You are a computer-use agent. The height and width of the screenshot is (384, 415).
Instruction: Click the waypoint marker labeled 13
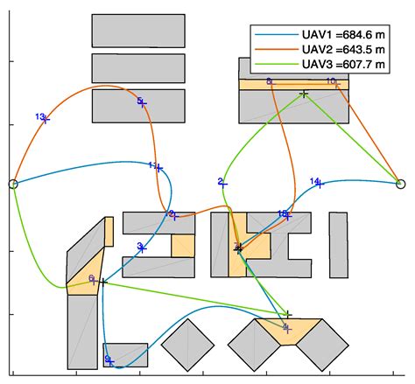[46, 119]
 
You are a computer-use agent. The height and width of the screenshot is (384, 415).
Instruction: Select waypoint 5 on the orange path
[143, 103]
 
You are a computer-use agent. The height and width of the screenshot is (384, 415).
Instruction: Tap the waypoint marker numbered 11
[158, 167]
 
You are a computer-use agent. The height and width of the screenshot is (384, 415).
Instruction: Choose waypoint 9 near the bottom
[110, 360]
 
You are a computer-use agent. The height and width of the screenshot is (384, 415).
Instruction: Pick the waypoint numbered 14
[320, 184]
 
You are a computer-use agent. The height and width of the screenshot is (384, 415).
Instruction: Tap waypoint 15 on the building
[285, 215]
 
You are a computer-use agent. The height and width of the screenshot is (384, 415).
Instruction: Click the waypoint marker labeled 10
[334, 82]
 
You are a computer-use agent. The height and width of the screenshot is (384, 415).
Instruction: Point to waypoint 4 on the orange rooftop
[286, 328]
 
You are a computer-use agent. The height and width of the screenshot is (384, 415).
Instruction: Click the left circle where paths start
[12, 184]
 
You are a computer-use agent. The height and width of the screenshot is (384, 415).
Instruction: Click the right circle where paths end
[401, 184]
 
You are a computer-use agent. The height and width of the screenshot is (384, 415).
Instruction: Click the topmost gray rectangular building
[138, 30]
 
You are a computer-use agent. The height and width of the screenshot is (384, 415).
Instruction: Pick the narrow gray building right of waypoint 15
[338, 244]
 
